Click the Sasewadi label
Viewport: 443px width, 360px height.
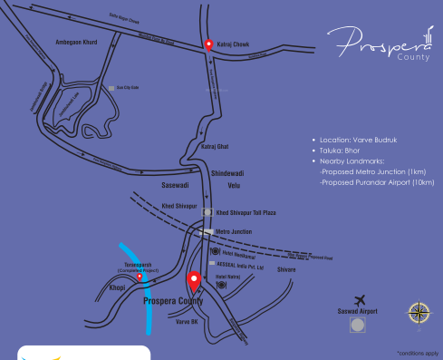174,183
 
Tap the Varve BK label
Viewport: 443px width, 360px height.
188,321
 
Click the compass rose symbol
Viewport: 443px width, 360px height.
419,313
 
